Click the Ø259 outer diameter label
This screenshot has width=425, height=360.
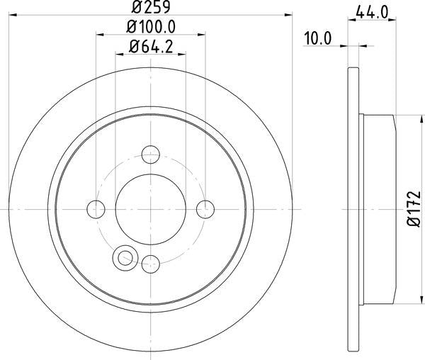click(x=150, y=9)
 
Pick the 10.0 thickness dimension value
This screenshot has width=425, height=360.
click(x=317, y=40)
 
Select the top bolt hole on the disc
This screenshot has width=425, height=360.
click(x=150, y=154)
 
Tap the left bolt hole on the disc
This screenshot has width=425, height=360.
click(x=96, y=208)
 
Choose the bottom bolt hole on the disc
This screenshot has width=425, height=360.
click(x=150, y=263)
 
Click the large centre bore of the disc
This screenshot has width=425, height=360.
click(x=150, y=208)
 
